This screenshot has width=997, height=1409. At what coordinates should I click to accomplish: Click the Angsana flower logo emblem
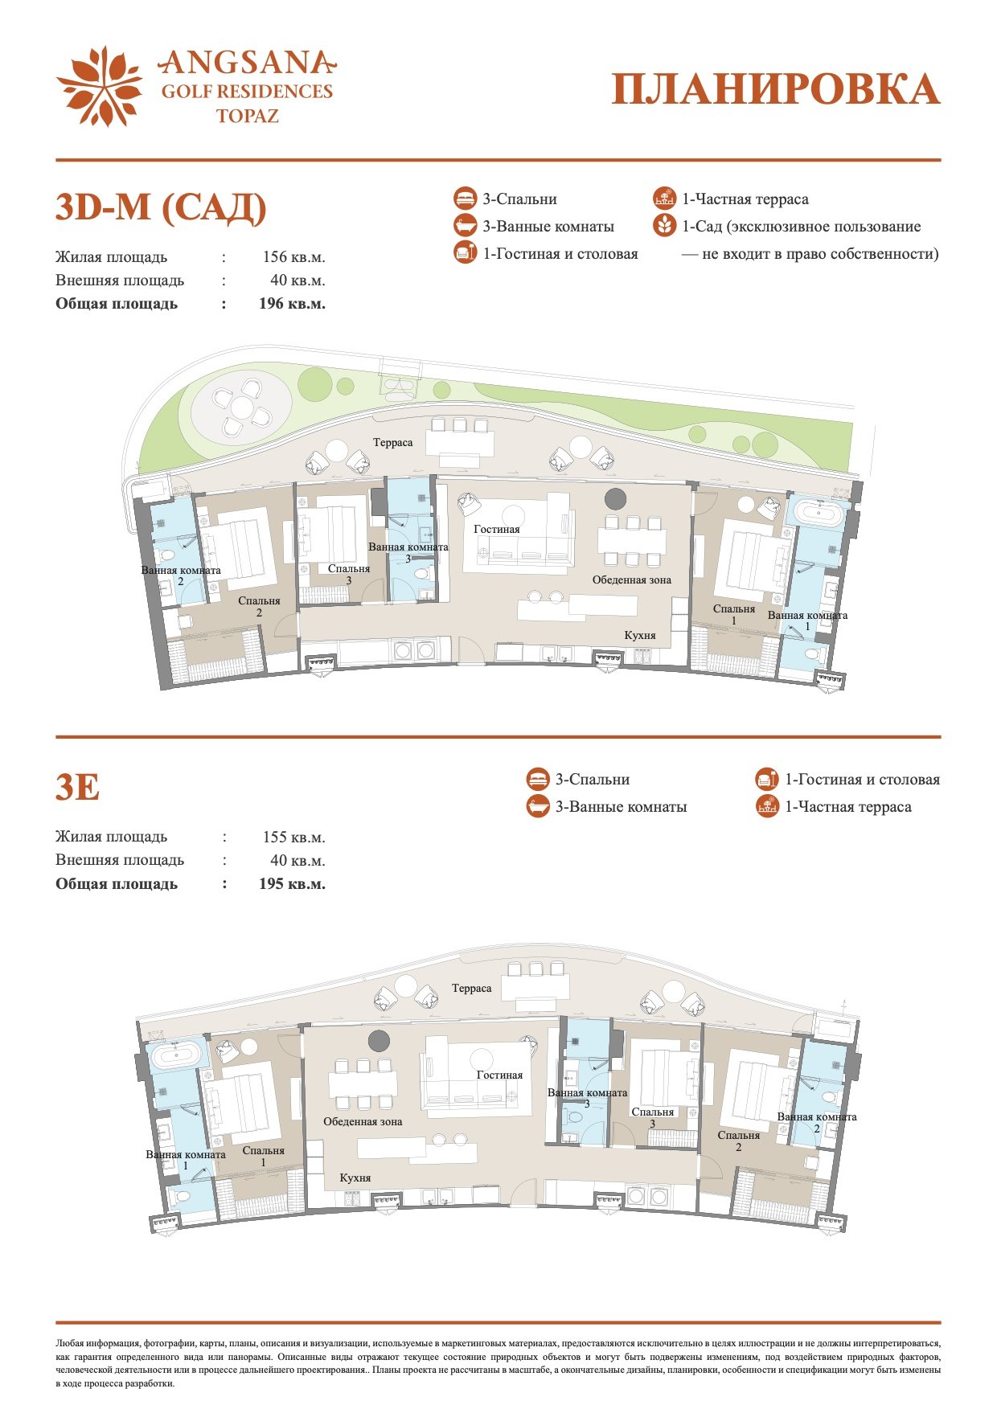100,87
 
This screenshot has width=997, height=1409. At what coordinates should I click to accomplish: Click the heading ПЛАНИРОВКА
776,89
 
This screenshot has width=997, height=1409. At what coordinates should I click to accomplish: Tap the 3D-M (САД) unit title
161,207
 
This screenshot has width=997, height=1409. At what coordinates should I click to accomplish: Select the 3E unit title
77,787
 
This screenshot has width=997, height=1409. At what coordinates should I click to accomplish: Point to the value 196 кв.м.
292,304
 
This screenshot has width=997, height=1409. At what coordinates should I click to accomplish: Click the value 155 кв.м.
293,837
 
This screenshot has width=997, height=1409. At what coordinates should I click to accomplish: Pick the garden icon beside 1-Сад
664,226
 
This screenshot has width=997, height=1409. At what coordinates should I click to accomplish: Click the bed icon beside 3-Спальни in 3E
538,780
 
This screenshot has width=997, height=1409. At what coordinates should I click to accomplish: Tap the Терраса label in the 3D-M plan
392,443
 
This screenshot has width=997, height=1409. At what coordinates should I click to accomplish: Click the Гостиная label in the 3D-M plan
497,529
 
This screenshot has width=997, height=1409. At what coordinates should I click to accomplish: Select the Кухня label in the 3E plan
355,1178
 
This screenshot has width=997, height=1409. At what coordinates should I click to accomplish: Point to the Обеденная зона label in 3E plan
363,1121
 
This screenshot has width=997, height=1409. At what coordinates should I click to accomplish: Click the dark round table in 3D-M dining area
615,499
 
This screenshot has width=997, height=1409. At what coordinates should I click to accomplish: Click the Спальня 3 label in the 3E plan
653,1118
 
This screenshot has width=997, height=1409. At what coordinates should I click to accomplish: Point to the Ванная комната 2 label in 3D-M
181,575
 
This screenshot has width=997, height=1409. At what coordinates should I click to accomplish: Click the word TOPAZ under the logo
248,116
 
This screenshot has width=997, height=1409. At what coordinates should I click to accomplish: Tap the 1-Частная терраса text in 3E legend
848,807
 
